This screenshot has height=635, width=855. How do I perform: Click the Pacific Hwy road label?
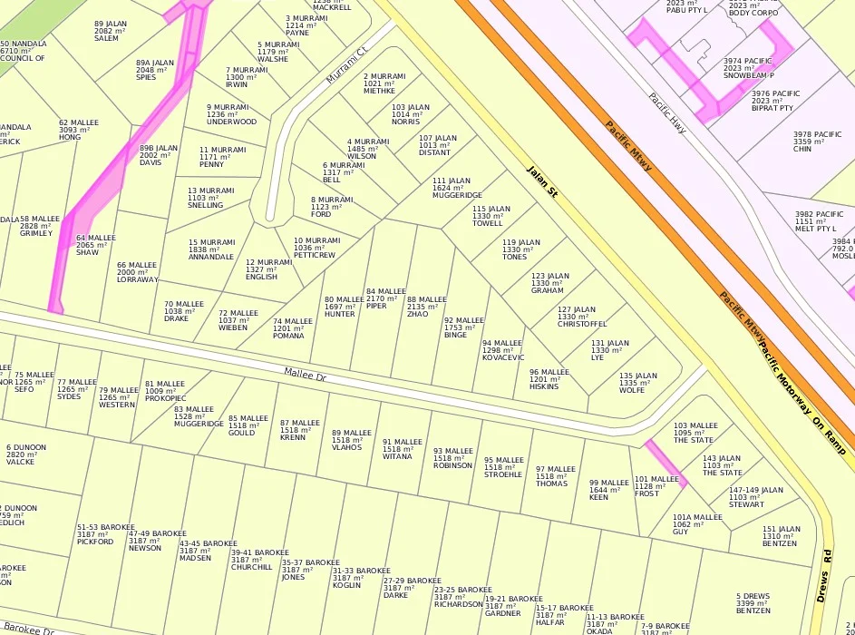666,113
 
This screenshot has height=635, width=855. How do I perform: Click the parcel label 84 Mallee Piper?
385,298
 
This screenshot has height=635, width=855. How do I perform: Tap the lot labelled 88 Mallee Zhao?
426,307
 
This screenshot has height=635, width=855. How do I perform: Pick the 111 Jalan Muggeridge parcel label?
457,188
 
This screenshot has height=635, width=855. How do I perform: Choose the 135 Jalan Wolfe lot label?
637,383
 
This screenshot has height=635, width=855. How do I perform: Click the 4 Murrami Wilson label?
367,149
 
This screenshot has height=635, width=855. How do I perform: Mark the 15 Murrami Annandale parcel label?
211,249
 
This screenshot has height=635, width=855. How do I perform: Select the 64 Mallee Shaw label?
95,245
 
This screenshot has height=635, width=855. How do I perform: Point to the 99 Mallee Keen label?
608,490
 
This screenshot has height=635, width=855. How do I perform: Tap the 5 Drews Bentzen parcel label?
753,603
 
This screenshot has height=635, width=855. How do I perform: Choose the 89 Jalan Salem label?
110,31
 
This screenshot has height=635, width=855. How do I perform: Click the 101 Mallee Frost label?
656,486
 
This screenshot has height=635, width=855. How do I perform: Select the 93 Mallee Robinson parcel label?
452,458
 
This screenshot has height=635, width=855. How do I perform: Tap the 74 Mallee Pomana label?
292,328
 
